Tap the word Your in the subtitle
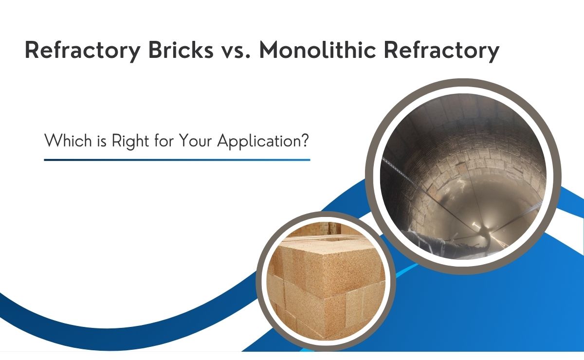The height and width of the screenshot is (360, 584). coord(196,141)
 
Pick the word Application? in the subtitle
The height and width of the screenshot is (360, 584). coord(263,142)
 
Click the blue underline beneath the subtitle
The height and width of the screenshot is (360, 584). coord(177,160)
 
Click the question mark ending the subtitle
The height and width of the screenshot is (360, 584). coord(305,141)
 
